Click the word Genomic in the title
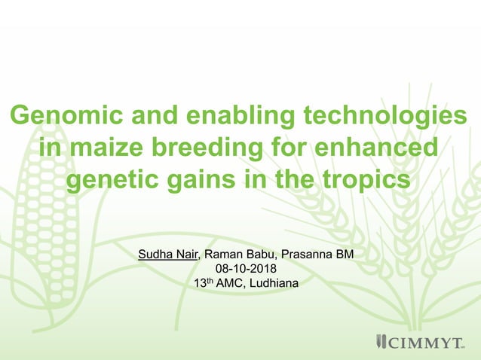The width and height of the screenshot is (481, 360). click(x=59, y=117)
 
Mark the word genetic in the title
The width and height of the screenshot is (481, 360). click(x=113, y=182)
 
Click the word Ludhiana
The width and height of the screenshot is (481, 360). click(x=273, y=283)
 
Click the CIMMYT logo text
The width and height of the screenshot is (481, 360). click(x=425, y=343)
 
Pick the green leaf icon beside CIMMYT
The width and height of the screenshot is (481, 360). click(x=380, y=343)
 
